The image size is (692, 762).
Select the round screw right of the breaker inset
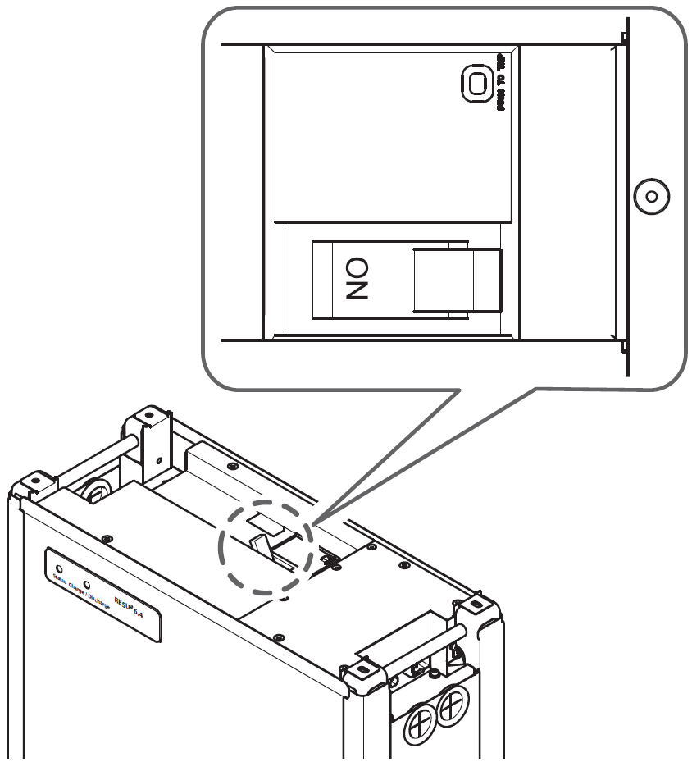click(x=650, y=197)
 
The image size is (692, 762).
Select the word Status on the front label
click(x=59, y=581)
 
